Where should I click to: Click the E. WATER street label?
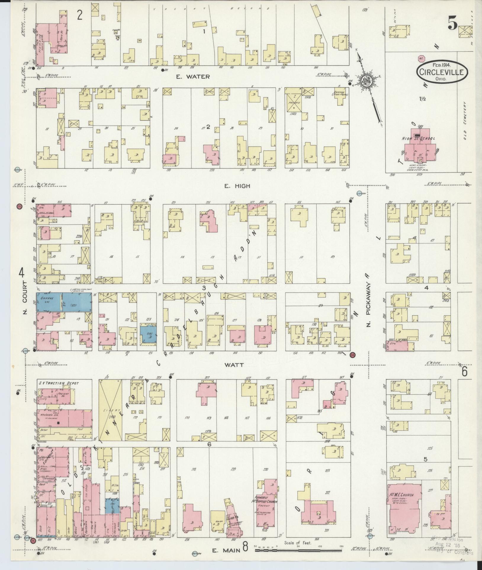pyautogui.click(x=193, y=77)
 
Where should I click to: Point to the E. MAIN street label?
pyautogui.click(x=226, y=550)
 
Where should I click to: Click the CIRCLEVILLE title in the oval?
pyautogui.click(x=443, y=72)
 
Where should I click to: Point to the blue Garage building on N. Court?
pyautogui.click(x=63, y=302)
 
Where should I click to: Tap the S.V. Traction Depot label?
pyautogui.click(x=59, y=383)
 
